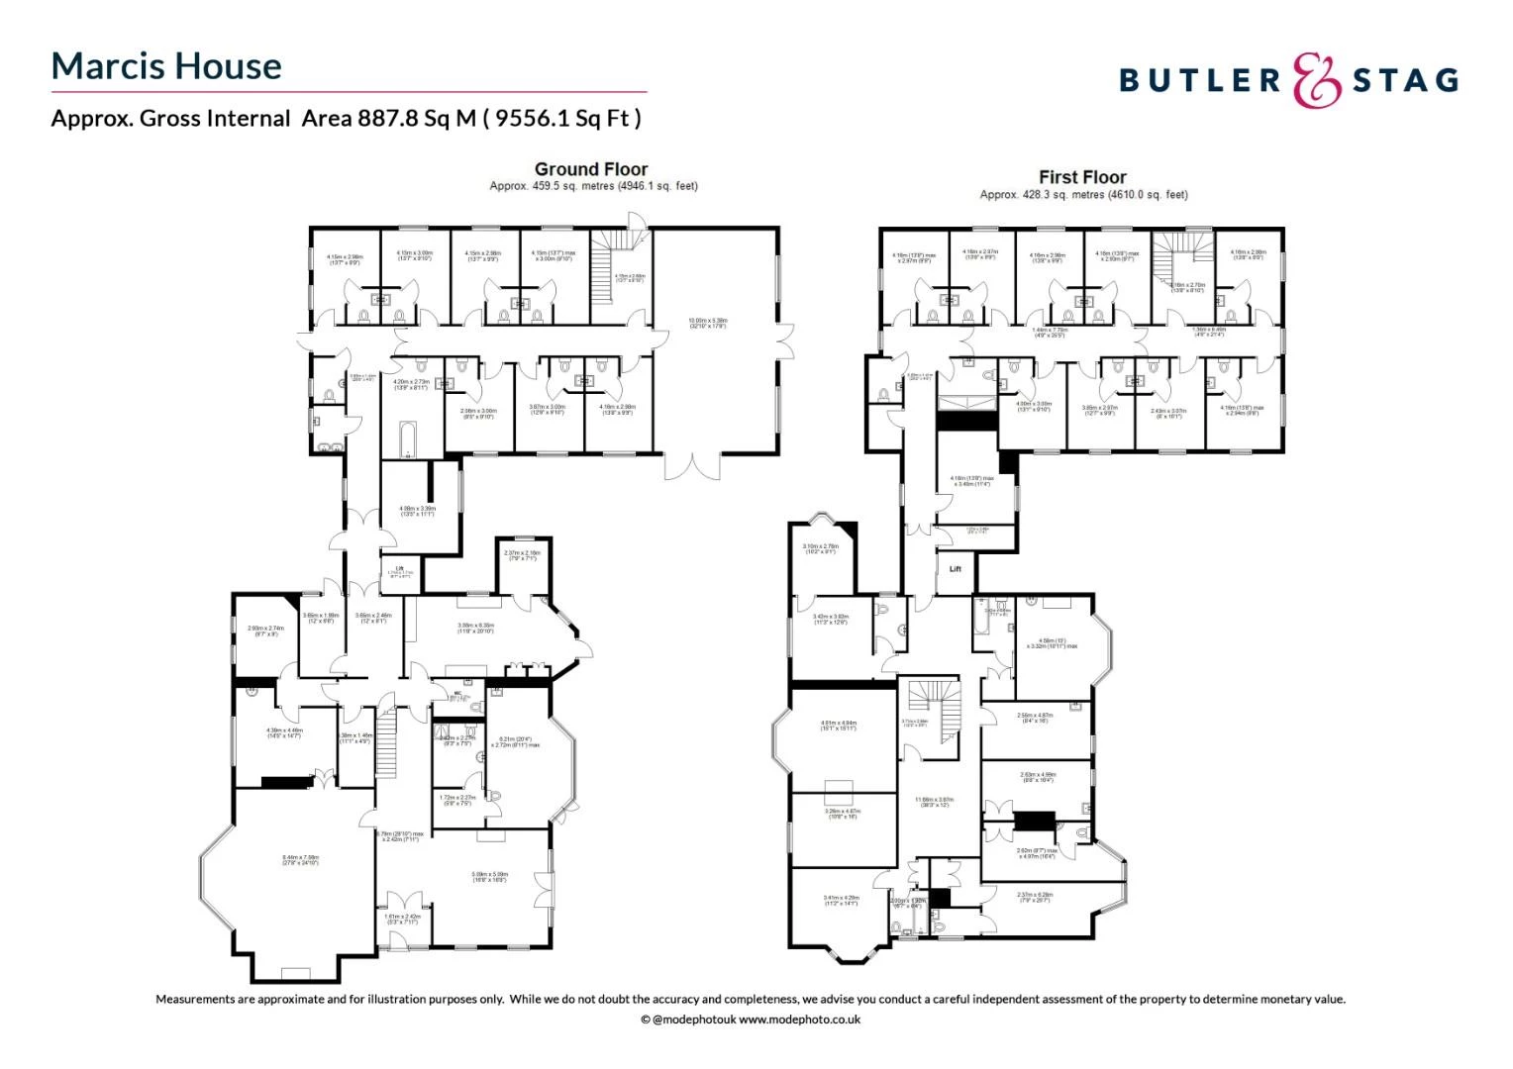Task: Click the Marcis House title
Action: click(x=166, y=66)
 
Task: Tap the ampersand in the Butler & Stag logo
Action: click(x=1317, y=80)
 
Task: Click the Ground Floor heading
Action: click(x=591, y=169)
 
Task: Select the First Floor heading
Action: click(x=1082, y=177)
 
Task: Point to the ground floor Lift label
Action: click(x=399, y=569)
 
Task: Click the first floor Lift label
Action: click(x=956, y=569)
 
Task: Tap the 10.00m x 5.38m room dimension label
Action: click(x=708, y=323)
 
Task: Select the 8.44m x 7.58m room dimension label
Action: click(x=300, y=859)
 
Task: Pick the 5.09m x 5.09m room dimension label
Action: click(x=489, y=876)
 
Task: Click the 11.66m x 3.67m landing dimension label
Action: click(x=933, y=802)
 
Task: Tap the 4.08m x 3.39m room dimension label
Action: click(x=417, y=511)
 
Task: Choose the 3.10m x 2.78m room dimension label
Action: click(x=820, y=548)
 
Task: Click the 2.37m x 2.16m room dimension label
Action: click(x=522, y=555)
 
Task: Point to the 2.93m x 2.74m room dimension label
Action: click(x=265, y=630)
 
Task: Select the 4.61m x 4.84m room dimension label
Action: click(x=839, y=725)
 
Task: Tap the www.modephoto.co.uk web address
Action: click(x=799, y=1020)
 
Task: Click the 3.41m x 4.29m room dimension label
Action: click(x=841, y=900)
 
